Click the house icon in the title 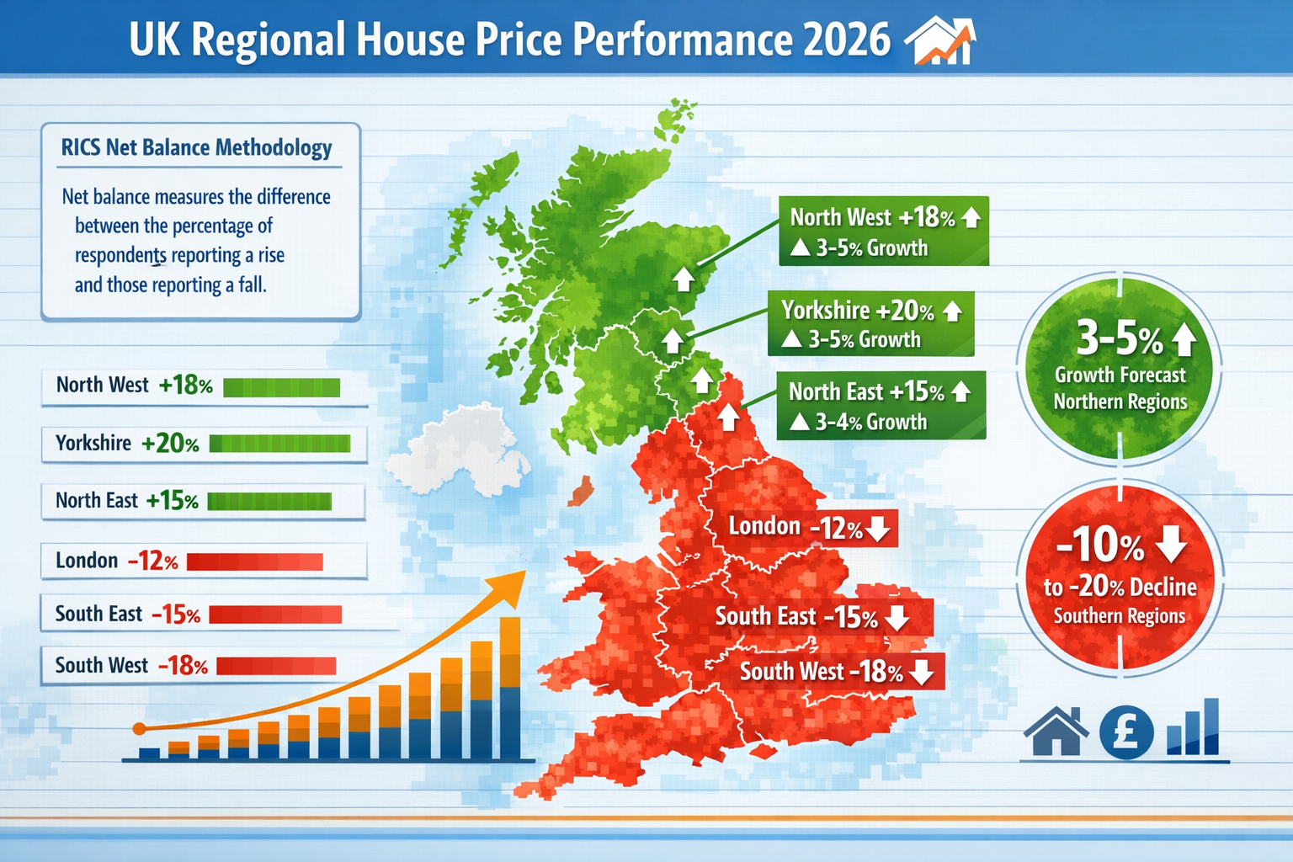pyautogui.click(x=939, y=42)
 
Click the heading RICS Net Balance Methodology pyautogui.click(x=197, y=148)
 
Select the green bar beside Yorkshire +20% pyautogui.click(x=279, y=444)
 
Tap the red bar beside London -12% pyautogui.click(x=254, y=561)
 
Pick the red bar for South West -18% pyautogui.click(x=276, y=666)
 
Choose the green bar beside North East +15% pyautogui.click(x=269, y=502)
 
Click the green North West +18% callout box pyautogui.click(x=883, y=231)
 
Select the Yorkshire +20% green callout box pyautogui.click(x=870, y=324)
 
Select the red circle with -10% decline pyautogui.click(x=1120, y=577)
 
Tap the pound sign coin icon pyautogui.click(x=1126, y=731)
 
